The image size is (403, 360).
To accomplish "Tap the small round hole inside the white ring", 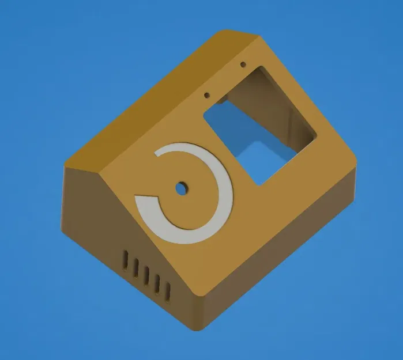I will (182, 188).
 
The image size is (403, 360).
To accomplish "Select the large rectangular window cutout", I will (259, 124).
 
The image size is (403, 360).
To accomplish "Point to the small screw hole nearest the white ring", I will (206, 94).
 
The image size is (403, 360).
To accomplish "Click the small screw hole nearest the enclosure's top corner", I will (243, 64).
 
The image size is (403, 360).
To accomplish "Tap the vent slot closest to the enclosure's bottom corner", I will (167, 291).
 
